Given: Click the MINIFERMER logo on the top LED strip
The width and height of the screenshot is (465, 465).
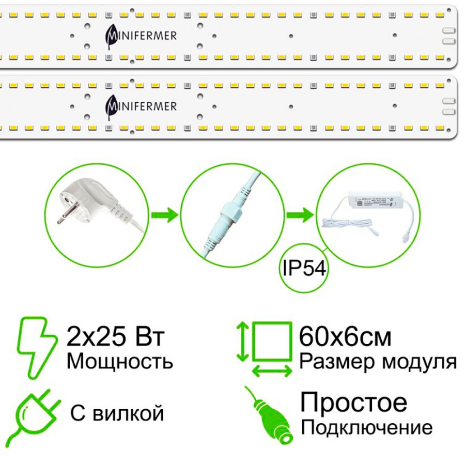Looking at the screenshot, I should pyautogui.click(x=140, y=35).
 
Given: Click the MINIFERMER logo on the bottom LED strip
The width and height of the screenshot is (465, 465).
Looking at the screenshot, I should pyautogui.click(x=140, y=106).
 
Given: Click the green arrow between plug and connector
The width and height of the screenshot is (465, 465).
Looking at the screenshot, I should pyautogui.click(x=164, y=213).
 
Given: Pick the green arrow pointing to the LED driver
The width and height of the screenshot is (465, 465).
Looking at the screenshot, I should pyautogui.click(x=300, y=213).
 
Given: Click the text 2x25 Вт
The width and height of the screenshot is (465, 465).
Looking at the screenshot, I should pyautogui.click(x=116, y=337).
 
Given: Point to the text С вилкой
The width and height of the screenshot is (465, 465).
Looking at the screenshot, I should pyautogui.click(x=116, y=413).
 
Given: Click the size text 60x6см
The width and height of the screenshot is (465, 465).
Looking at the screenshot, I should pyautogui.click(x=345, y=337).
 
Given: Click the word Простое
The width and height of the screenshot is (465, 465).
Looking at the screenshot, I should pyautogui.click(x=354, y=402).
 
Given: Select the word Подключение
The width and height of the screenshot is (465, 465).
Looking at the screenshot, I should pyautogui.click(x=366, y=428).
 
